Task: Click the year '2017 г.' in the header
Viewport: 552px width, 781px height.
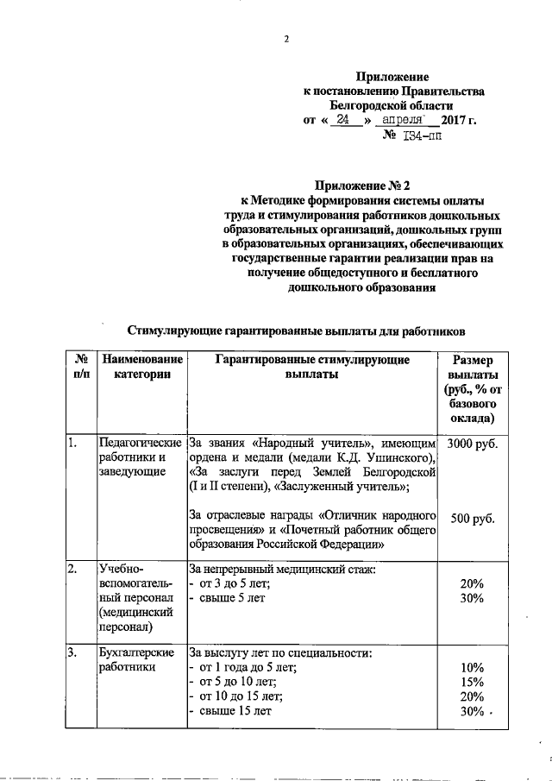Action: [459, 120]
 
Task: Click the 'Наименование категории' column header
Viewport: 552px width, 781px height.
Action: [141, 367]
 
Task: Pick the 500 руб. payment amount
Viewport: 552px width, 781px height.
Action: [473, 518]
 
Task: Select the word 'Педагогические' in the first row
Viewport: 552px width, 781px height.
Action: [140, 443]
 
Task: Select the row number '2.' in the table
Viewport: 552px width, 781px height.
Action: [74, 570]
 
